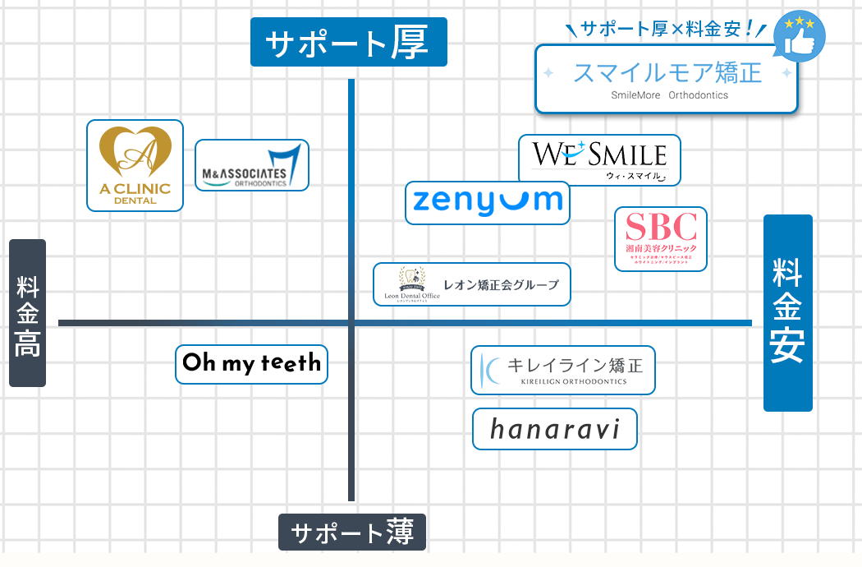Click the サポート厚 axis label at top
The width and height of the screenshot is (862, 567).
tap(348, 42)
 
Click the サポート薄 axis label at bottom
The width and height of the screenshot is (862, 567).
tap(352, 532)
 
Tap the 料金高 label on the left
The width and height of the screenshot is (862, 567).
tap(27, 313)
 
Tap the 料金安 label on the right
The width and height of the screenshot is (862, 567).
tap(787, 313)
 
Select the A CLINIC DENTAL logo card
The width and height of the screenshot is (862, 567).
tap(135, 165)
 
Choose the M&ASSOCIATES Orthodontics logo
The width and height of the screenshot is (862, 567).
tap(252, 165)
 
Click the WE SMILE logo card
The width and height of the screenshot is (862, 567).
tap(599, 159)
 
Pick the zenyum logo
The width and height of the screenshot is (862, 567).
tap(488, 202)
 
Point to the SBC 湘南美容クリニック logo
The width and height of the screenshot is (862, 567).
tap(661, 238)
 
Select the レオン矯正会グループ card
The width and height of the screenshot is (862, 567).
tap(471, 284)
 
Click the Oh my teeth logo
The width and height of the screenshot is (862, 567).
tap(251, 364)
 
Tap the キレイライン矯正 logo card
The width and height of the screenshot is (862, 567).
tap(563, 370)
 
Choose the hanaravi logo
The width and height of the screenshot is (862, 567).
tap(554, 429)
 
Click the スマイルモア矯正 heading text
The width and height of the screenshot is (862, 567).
tap(667, 72)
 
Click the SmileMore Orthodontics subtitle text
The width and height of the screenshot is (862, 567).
tap(669, 95)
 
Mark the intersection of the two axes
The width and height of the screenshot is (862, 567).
tap(351, 323)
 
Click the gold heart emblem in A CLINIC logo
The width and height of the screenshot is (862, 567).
tap(135, 151)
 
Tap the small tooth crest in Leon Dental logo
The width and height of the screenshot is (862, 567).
tap(408, 277)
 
